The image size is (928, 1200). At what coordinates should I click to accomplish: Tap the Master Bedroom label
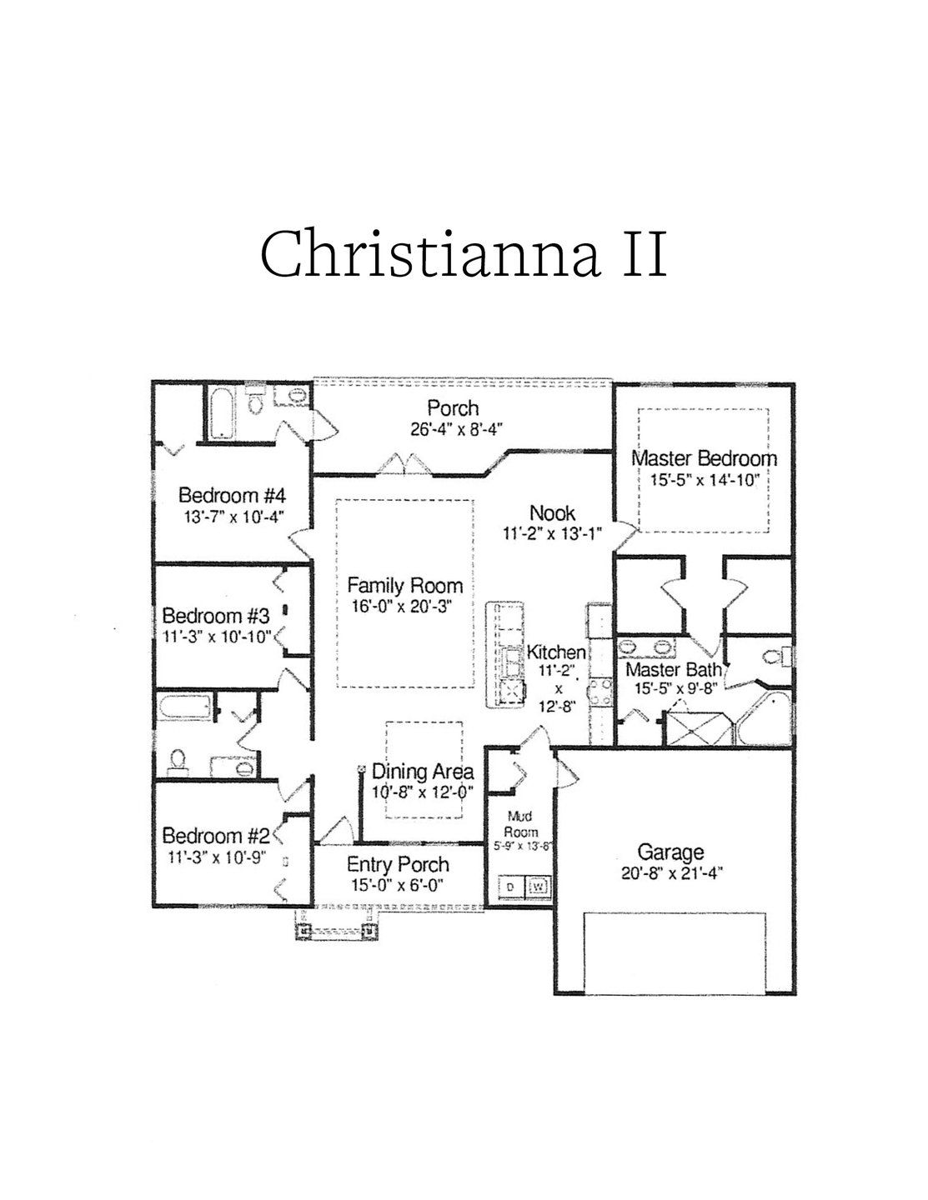point(704,458)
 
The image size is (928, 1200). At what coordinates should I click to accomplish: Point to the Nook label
point(552,512)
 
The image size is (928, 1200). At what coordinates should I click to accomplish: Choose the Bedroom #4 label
point(221,495)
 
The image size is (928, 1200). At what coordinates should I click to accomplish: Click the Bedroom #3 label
point(215,617)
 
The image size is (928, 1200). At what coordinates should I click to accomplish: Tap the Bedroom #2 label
point(216,835)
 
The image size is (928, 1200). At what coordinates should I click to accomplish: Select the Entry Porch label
point(398,864)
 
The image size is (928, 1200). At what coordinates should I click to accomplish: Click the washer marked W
point(539,886)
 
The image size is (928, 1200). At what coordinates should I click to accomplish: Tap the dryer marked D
point(511,886)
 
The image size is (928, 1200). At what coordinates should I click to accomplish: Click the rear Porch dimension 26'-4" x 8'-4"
point(453,428)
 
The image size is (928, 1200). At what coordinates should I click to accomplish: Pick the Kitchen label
point(555,652)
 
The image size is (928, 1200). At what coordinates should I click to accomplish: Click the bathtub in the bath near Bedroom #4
point(222,413)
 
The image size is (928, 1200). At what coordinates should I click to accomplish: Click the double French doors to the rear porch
point(404,463)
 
